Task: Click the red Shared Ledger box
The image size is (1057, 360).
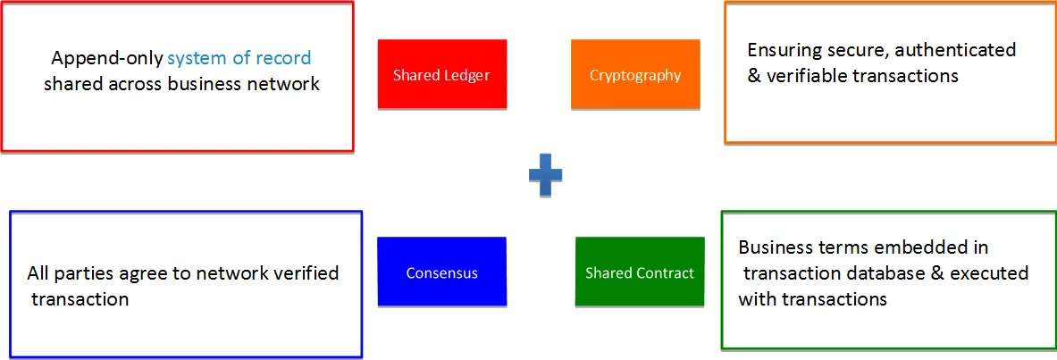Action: click(441, 74)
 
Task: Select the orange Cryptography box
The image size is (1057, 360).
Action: click(635, 74)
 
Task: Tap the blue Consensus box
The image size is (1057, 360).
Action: click(441, 272)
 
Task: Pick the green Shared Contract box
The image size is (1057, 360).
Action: click(640, 272)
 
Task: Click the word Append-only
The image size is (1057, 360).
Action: click(106, 59)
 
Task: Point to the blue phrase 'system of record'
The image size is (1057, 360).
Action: click(239, 58)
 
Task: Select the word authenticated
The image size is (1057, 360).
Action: click(955, 51)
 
